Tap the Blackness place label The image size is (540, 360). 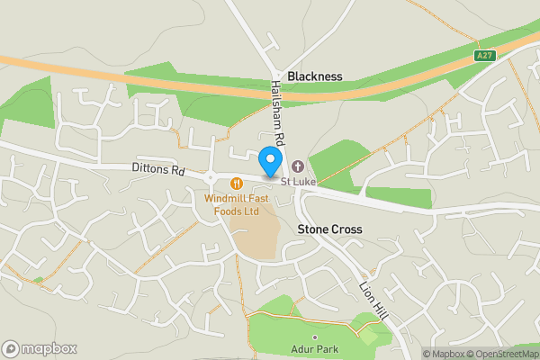click(x=314, y=76)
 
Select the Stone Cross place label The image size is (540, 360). click(x=329, y=229)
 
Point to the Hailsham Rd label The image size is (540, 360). click(x=278, y=111)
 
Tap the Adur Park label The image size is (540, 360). click(x=313, y=349)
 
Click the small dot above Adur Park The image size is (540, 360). click(x=314, y=337)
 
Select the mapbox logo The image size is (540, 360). click(x=40, y=348)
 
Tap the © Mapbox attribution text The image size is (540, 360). click(x=445, y=354)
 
